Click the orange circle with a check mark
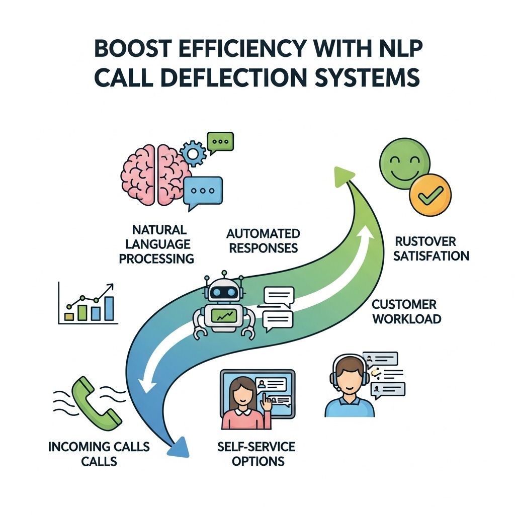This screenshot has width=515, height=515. tap(431, 195)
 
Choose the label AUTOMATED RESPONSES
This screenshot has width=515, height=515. tap(263, 240)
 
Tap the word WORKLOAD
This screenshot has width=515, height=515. tap(407, 318)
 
